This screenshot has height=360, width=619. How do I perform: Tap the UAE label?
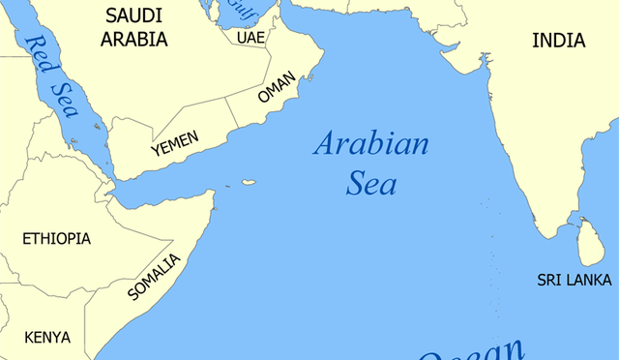tap(250, 37)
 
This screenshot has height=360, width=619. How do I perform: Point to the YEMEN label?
tap(174, 144)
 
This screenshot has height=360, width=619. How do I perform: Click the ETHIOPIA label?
tap(56, 238)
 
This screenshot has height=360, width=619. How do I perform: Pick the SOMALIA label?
tap(155, 277)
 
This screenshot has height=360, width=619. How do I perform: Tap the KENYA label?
tap(47, 337)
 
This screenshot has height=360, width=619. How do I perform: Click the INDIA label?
tap(558, 40)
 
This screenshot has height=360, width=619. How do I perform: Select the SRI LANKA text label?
tap(575, 280)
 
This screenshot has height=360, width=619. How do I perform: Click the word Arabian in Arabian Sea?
tap(370, 146)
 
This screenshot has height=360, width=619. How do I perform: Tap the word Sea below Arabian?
tap(370, 184)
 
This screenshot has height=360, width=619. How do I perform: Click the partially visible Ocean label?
tap(474, 350)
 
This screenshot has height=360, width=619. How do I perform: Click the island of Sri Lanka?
tap(591, 242)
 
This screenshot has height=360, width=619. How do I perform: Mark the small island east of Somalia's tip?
tap(249, 182)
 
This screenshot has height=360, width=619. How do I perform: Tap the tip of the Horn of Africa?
tap(214, 194)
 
